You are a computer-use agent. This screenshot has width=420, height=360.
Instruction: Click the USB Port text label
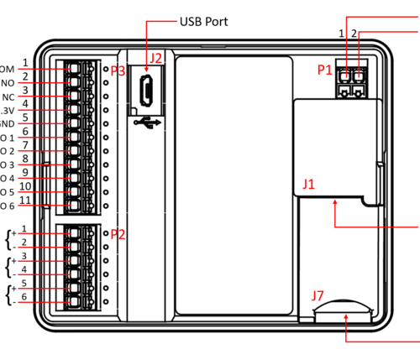coord(204,20)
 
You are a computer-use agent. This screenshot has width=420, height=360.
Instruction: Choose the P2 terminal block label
coord(118,234)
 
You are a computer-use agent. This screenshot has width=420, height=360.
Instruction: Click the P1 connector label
coord(325,71)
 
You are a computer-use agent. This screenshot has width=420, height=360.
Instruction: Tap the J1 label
coord(309,183)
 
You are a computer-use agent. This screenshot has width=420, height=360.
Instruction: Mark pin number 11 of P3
coord(25,200)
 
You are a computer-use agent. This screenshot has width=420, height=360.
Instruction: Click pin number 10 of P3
coord(25,186)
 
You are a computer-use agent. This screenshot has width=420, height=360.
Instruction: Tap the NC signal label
coord(8,97)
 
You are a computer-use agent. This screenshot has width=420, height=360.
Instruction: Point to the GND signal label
coord(6,124)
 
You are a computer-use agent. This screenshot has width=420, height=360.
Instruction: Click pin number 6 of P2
coord(25,297)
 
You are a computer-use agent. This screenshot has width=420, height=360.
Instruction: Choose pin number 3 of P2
coord(25,256)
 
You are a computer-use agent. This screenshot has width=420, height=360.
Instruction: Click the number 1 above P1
coord(341,33)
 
